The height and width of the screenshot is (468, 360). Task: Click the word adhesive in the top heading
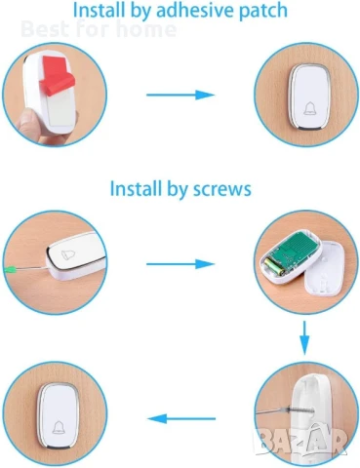coord(195,10)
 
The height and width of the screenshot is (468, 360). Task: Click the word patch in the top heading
coord(263,11)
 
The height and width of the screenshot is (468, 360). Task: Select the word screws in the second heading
coord(222,189)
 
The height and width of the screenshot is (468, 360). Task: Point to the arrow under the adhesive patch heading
coord(180,95)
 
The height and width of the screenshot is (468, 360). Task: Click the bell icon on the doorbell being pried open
coord(68,254)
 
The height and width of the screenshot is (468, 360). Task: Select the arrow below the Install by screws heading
coord(180,264)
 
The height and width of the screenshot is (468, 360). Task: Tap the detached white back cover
coord(324,274)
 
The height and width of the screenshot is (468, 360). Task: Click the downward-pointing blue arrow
coord(304,337)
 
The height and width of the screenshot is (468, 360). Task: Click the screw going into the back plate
coord(299,410)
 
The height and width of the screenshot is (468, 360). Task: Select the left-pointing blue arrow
coord(181,418)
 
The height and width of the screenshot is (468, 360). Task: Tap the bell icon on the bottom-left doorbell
coord(59,427)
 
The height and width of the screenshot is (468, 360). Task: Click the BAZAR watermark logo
coord(301,440)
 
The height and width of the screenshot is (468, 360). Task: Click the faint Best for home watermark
coord(99,29)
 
